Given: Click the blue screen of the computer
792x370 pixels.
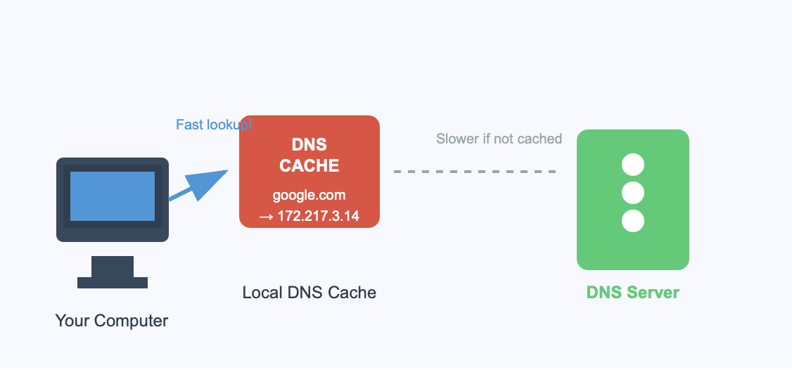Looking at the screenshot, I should (x=113, y=196).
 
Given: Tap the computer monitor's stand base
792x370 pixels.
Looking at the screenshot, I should (x=113, y=283).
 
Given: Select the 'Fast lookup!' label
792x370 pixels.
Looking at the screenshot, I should (x=214, y=125).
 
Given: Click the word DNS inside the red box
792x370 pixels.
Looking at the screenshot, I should (x=309, y=144).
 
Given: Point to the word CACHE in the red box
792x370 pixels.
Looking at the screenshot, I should (x=309, y=166).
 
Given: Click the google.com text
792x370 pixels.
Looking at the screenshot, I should (x=309, y=195).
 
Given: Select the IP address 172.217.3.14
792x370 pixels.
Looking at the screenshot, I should (x=318, y=216).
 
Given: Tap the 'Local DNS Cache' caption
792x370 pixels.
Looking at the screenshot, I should (x=309, y=293).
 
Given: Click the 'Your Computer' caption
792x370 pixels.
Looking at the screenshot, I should (x=112, y=321).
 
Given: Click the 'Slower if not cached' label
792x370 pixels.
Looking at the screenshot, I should (x=499, y=139).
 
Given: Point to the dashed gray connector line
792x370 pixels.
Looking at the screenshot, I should (x=475, y=172).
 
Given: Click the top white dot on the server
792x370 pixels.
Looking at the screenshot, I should (x=633, y=165).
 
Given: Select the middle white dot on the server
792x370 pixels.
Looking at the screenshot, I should (x=633, y=193).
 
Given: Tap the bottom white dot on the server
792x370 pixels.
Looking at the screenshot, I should (x=633, y=221).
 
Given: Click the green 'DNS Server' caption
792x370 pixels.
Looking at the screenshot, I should (x=633, y=293).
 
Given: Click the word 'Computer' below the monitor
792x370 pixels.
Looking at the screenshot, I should (x=131, y=321).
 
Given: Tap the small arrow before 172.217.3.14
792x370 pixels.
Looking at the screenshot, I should (x=266, y=217).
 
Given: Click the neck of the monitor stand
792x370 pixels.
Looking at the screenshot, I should (x=113, y=267).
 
